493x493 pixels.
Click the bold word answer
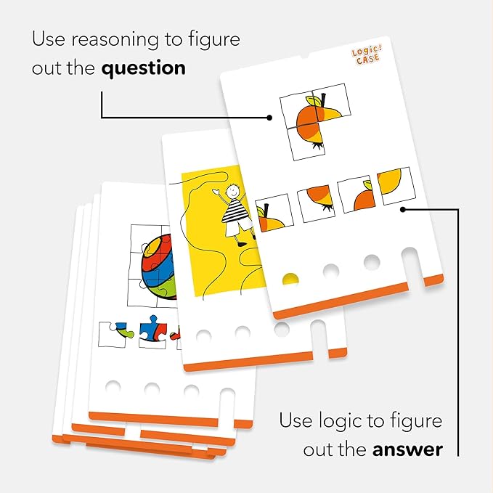407,449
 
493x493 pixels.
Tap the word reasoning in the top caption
115,41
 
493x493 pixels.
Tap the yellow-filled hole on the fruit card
290,279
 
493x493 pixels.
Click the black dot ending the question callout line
269,118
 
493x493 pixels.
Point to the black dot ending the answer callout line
404,209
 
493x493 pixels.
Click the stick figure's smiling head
232,190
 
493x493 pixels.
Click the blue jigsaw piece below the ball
152,331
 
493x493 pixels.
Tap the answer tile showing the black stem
274,213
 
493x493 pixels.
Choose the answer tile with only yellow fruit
396,185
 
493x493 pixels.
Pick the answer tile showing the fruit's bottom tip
316,203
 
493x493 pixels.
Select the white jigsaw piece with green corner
115,334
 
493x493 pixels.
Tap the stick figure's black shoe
242,243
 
